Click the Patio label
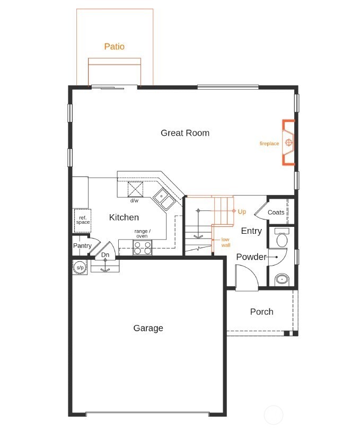tap(114, 47)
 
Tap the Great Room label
tap(185, 133)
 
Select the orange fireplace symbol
tap(289, 143)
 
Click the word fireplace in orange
tap(269, 144)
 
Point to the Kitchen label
tap(124, 217)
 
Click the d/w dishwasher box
tap(135, 189)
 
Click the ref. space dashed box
tap(82, 220)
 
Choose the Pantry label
tap(82, 245)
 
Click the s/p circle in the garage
tap(80, 268)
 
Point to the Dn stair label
tap(105, 255)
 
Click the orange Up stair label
tap(242, 212)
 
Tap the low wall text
tap(225, 242)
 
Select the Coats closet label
tap(276, 212)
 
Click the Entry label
tap(251, 231)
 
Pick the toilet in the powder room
tap(281, 238)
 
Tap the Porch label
tap(261, 312)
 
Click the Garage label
tap(148, 328)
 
